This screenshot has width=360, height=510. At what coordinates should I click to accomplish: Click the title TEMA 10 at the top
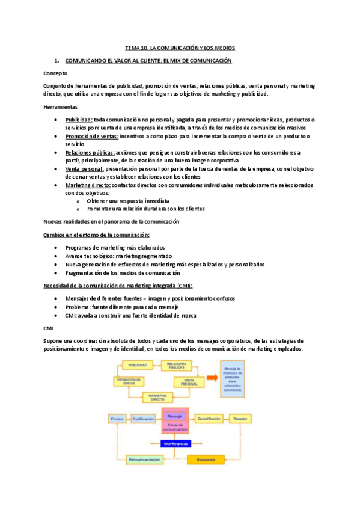point(180,47)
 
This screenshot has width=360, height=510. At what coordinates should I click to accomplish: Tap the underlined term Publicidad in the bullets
point(79,119)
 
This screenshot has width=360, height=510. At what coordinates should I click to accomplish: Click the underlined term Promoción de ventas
point(91,136)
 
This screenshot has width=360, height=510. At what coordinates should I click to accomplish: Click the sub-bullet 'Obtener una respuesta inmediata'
point(127,201)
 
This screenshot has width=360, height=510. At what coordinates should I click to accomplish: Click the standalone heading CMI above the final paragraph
point(49,328)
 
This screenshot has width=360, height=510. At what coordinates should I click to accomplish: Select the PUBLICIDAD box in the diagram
point(138,365)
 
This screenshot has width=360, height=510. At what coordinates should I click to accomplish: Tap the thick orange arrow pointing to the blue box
point(211,376)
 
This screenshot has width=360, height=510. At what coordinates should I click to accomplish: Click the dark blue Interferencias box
point(175,444)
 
